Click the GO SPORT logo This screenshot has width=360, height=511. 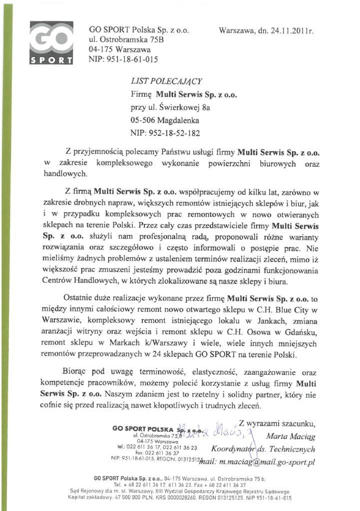51,43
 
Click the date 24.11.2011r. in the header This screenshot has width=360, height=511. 290,30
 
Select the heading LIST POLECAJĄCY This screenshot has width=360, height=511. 167,81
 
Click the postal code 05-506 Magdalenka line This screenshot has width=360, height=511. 164,120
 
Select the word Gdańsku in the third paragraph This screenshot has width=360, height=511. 304,332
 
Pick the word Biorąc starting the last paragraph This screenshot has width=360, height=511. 74,372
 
